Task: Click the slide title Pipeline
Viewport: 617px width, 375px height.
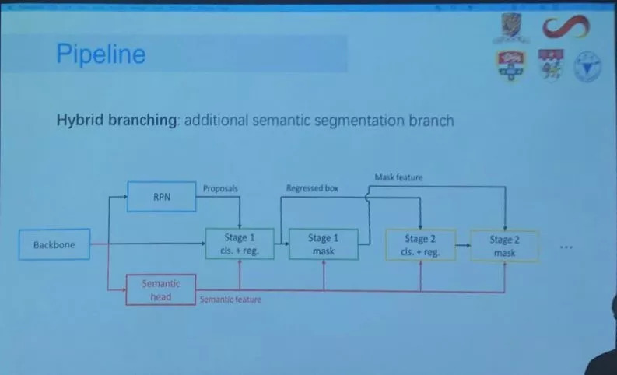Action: [101, 54]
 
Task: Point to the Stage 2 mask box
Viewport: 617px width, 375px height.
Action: [504, 246]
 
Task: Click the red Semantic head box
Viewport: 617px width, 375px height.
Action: [161, 290]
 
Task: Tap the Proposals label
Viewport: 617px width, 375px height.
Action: [220, 188]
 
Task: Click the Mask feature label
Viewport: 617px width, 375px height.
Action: [398, 178]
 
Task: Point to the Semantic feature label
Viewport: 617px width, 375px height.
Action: [230, 300]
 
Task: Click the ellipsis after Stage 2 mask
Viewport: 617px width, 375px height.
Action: [566, 247]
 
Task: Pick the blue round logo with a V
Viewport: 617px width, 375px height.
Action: [589, 67]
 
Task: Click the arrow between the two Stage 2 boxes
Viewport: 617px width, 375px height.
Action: [462, 245]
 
